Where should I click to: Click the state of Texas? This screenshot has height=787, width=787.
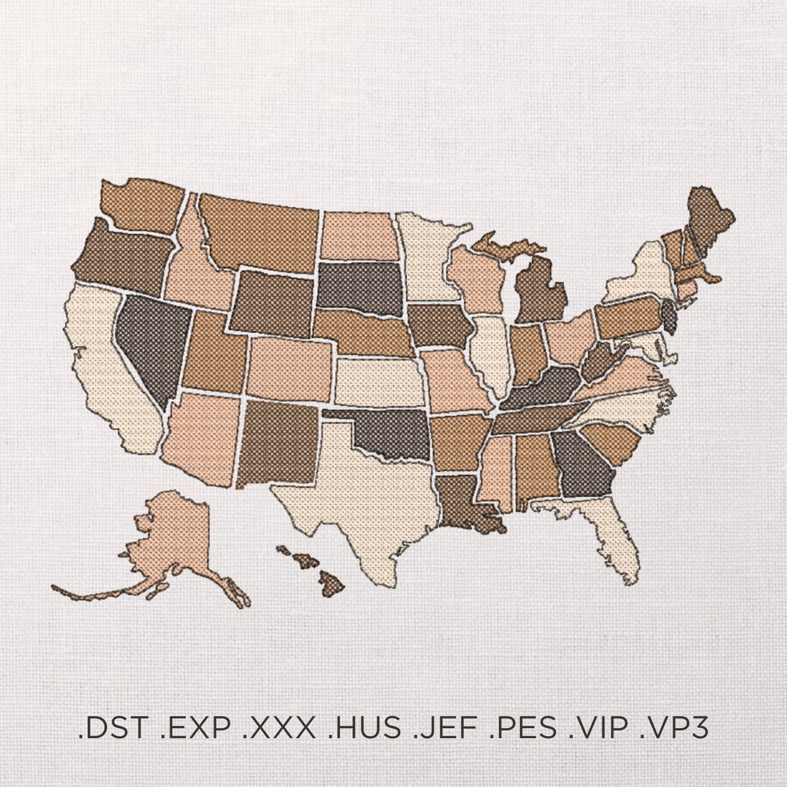[357, 496]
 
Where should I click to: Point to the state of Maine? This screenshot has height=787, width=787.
[707, 219]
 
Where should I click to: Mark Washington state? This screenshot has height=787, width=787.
[142, 204]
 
